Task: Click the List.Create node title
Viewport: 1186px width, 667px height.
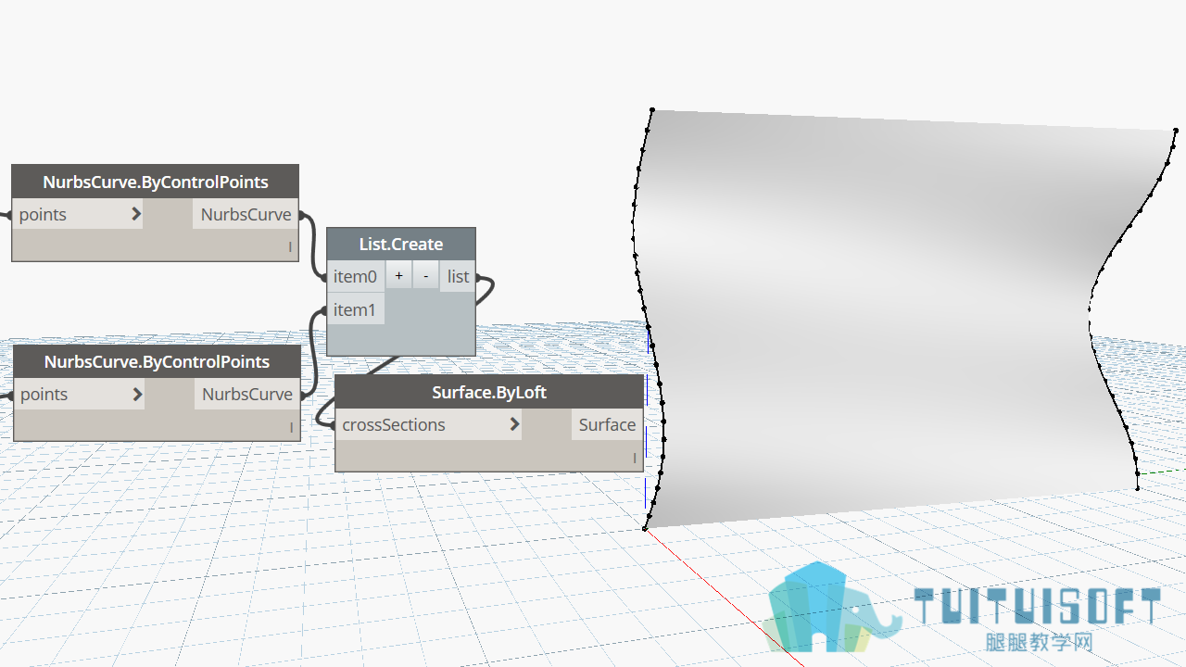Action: click(x=401, y=244)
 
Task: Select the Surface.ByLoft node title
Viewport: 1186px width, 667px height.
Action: click(x=488, y=392)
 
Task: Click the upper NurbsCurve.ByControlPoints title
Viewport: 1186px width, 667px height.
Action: click(x=155, y=182)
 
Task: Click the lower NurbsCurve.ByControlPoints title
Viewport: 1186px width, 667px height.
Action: click(x=157, y=361)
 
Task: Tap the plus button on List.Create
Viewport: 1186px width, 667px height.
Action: click(x=398, y=276)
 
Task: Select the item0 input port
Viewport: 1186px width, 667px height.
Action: click(x=355, y=276)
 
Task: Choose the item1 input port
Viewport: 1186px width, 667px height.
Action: click(x=354, y=309)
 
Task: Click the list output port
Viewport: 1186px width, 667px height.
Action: click(x=458, y=276)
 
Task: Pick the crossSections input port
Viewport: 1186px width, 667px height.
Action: click(x=394, y=424)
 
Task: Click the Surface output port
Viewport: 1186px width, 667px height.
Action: click(x=607, y=424)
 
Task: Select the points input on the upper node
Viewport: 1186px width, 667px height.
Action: click(x=43, y=214)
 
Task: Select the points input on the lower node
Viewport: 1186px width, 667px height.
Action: click(x=44, y=395)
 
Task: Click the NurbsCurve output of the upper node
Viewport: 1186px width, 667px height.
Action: click(x=246, y=214)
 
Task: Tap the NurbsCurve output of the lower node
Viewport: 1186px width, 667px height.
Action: click(x=247, y=395)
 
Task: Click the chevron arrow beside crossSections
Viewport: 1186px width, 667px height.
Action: click(x=514, y=424)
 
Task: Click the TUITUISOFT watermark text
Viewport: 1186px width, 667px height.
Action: click(x=1038, y=606)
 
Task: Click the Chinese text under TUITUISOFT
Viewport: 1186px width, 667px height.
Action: click(x=1039, y=642)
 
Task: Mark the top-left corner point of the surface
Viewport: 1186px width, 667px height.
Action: click(x=652, y=109)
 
